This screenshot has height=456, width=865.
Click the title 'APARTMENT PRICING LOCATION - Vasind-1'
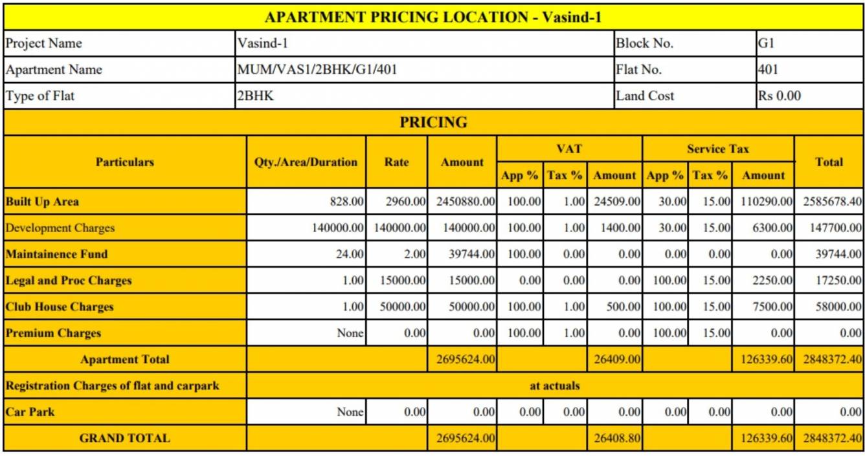(x=433, y=17)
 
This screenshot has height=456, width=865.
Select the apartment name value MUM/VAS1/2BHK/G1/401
(x=317, y=70)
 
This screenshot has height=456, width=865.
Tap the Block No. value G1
(x=767, y=43)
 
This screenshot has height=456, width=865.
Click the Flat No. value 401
(x=768, y=70)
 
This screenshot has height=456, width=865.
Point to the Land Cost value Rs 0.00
(x=780, y=96)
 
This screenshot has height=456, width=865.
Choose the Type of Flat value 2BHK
(x=256, y=96)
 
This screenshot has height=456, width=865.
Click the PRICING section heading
(x=433, y=122)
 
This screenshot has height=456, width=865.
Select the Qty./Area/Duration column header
(x=306, y=162)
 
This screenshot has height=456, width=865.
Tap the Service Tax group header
(x=718, y=149)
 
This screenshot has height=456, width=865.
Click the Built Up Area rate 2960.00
(x=406, y=202)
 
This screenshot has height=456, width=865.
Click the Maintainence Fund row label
(x=56, y=254)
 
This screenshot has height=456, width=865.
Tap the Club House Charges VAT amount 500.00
(x=623, y=307)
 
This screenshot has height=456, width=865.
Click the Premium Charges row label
(x=53, y=334)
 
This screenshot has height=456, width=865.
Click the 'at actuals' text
(x=555, y=386)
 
